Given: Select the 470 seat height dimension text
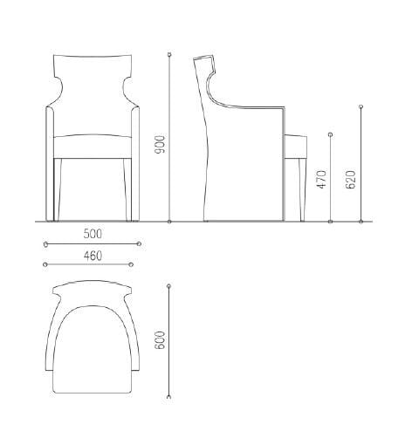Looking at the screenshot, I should (x=320, y=181).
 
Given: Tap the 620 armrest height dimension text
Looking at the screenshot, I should (x=351, y=178).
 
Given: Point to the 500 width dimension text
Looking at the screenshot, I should (x=92, y=234).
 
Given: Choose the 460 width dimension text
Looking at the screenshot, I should (x=92, y=255).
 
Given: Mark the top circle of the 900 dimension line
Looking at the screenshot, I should (x=168, y=54).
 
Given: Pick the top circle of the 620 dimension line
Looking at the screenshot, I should (x=360, y=107).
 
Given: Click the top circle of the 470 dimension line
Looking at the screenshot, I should (x=330, y=134).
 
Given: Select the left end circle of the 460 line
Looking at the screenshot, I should (x=45, y=263).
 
